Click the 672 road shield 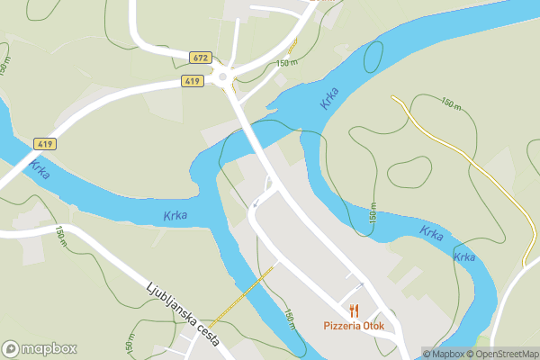(200, 58)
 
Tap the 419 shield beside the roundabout (191, 81)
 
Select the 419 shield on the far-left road (43, 143)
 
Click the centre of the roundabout (222, 78)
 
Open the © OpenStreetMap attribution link (500, 354)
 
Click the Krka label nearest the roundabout (329, 98)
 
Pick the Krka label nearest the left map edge (39, 169)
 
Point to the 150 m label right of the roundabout (286, 63)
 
